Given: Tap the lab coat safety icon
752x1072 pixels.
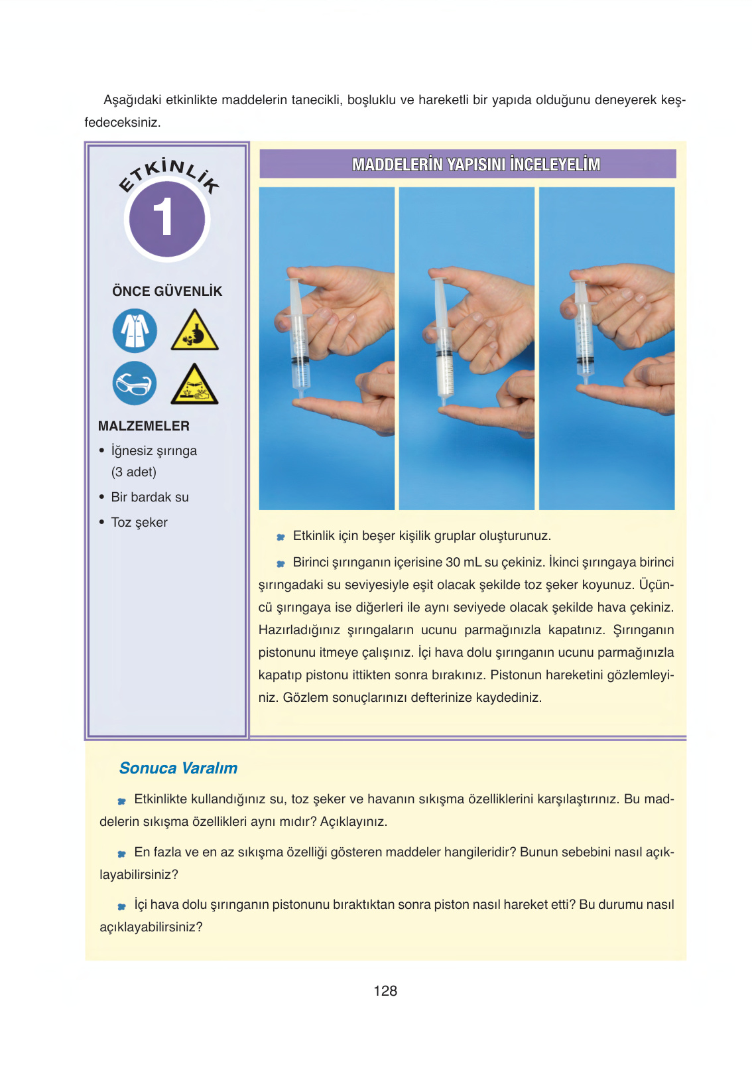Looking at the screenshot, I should pyautogui.click(x=135, y=330).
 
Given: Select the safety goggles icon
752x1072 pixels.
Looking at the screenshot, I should pyautogui.click(x=135, y=383).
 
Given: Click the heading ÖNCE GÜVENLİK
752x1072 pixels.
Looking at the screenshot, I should pyautogui.click(x=167, y=291).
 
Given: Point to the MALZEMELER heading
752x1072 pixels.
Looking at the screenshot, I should pyautogui.click(x=144, y=426).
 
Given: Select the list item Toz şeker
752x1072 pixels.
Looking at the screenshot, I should pyautogui.click(x=139, y=522).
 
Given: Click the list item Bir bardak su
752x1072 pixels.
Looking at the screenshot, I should pyautogui.click(x=150, y=497).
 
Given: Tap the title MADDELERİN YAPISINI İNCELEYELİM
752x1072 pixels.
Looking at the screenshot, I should pyautogui.click(x=475, y=165).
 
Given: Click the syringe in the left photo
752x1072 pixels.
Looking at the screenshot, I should pyautogui.click(x=298, y=338).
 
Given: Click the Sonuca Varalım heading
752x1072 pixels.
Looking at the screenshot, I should pyautogui.click(x=178, y=768).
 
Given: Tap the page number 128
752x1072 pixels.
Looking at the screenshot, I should pyautogui.click(x=385, y=991).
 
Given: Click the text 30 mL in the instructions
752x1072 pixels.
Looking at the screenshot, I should pyautogui.click(x=464, y=562).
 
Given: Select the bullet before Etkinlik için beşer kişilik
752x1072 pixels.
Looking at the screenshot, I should pyautogui.click(x=281, y=537).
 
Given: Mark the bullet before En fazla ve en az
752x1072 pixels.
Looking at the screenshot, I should pyautogui.click(x=122, y=854).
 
